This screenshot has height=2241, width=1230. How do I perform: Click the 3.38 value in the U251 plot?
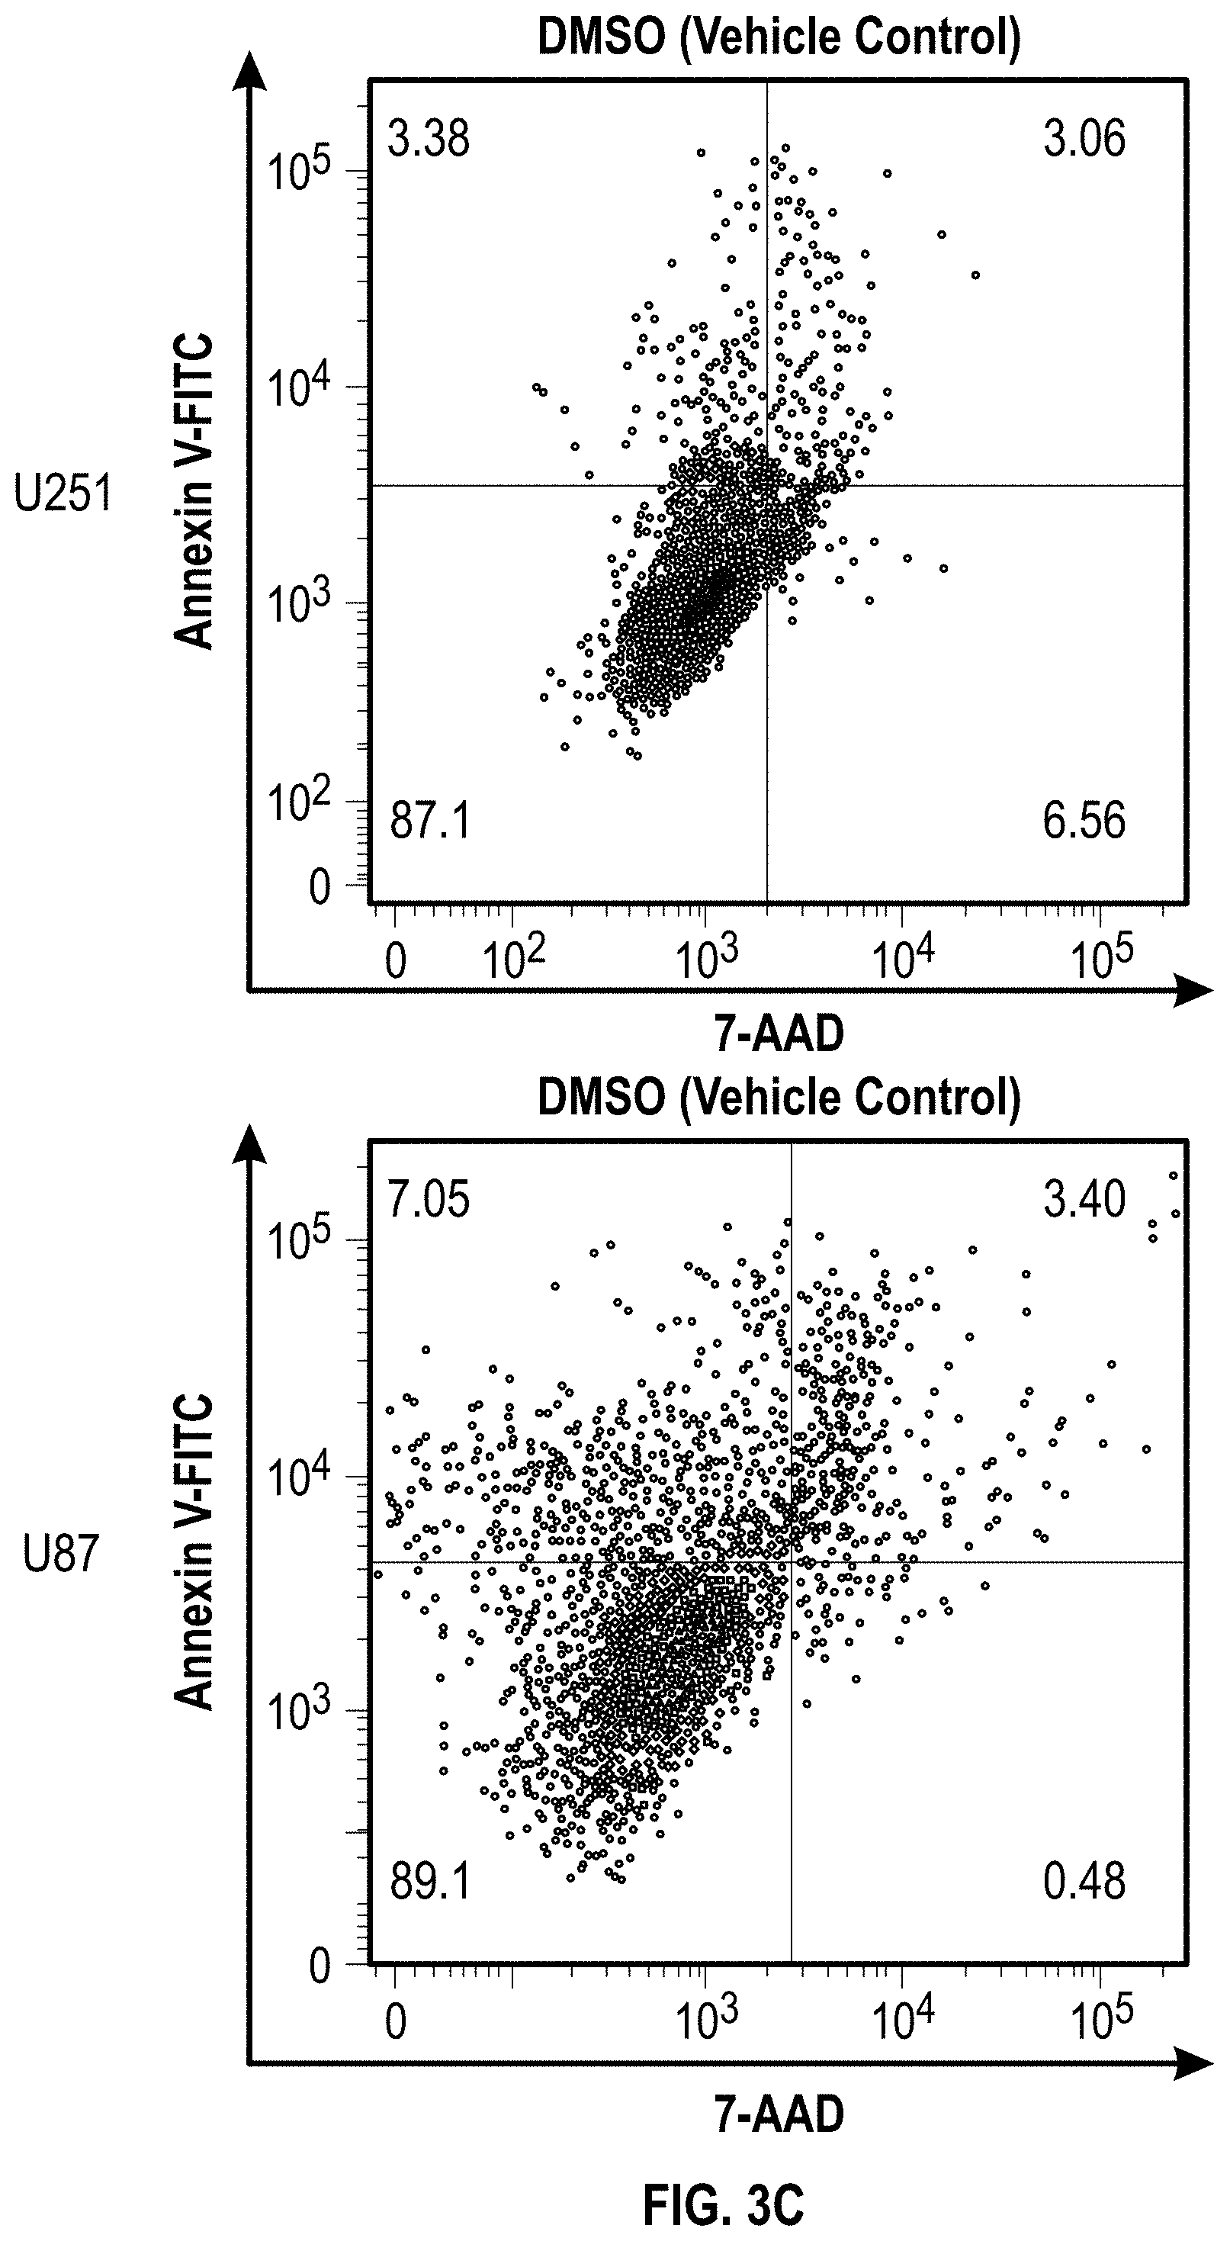(x=429, y=139)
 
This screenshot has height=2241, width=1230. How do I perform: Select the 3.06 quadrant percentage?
(x=1084, y=139)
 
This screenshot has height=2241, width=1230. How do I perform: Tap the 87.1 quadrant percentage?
(x=430, y=821)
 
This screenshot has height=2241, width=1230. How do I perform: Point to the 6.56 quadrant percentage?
(x=1084, y=821)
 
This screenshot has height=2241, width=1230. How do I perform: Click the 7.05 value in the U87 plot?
(x=429, y=1200)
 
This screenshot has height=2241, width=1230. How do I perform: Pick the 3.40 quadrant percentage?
(x=1084, y=1200)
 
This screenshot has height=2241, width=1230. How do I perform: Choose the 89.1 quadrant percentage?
(x=430, y=1883)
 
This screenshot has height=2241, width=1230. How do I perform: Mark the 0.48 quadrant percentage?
(x=1084, y=1883)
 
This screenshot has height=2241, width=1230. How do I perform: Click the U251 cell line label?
(x=63, y=494)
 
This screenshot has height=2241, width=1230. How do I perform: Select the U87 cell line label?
(x=61, y=1555)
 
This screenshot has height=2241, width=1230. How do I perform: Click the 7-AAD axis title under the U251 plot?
(x=779, y=1035)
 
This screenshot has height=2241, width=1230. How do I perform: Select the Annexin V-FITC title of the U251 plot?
(x=193, y=491)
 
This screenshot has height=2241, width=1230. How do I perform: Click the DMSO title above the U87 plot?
(x=779, y=1098)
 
